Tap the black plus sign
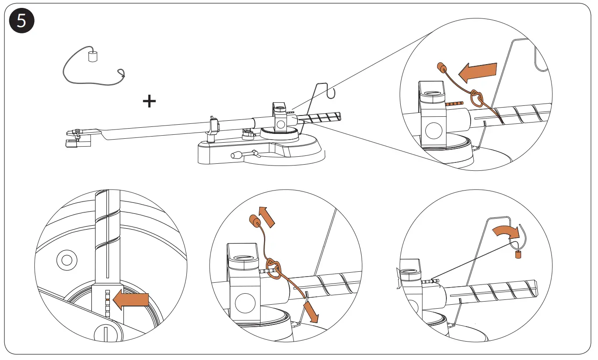click(149, 102)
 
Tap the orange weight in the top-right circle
click(441, 68)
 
